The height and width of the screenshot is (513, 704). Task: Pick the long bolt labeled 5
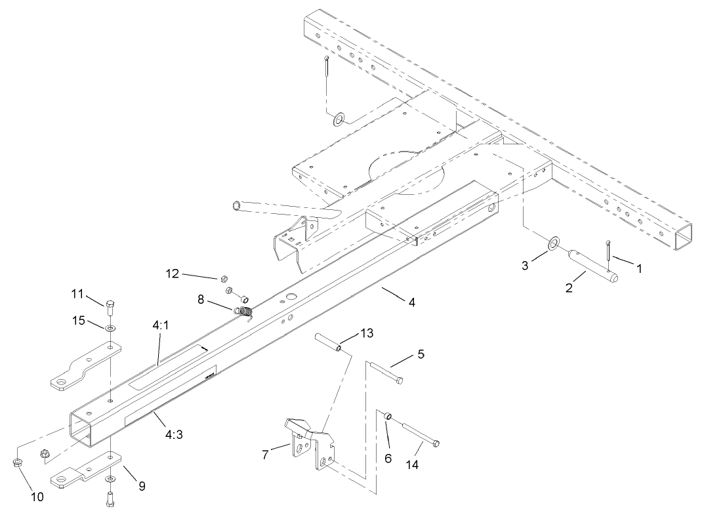coord(386,371)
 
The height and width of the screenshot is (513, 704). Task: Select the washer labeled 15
coord(110,327)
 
